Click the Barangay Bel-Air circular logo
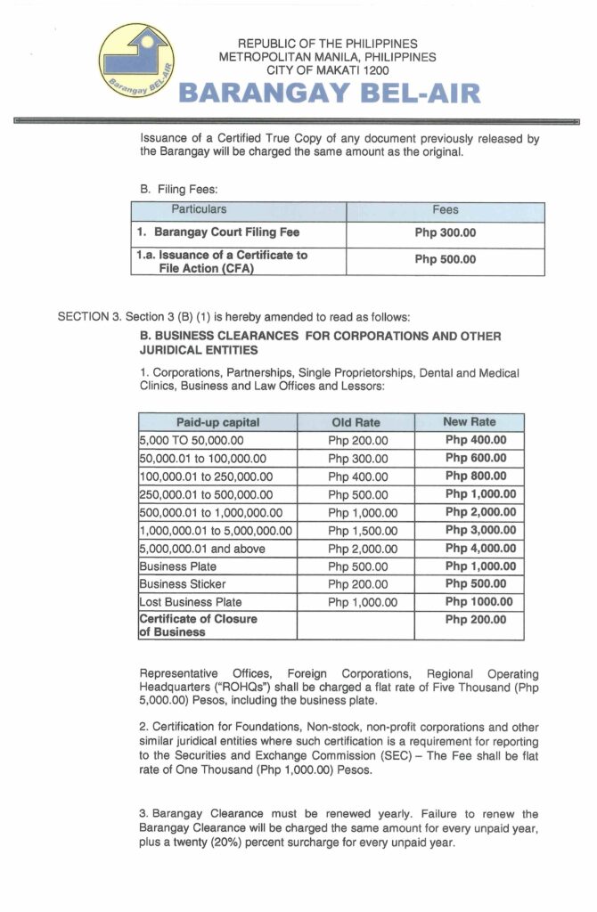(x=138, y=62)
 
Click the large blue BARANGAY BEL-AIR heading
(x=330, y=93)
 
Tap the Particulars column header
(x=200, y=210)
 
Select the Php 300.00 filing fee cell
(x=446, y=233)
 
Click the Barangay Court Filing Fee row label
(x=226, y=232)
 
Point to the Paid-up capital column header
(x=217, y=422)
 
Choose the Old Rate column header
(x=355, y=422)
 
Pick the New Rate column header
(x=469, y=422)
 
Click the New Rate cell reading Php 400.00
(x=475, y=440)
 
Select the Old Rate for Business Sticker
(x=357, y=584)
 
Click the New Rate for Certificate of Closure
(x=475, y=619)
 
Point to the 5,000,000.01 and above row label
(x=202, y=549)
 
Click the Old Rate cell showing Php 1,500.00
(x=357, y=531)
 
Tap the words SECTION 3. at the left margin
(x=88, y=316)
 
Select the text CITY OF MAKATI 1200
(x=329, y=69)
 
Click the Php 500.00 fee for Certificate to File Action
(x=446, y=260)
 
